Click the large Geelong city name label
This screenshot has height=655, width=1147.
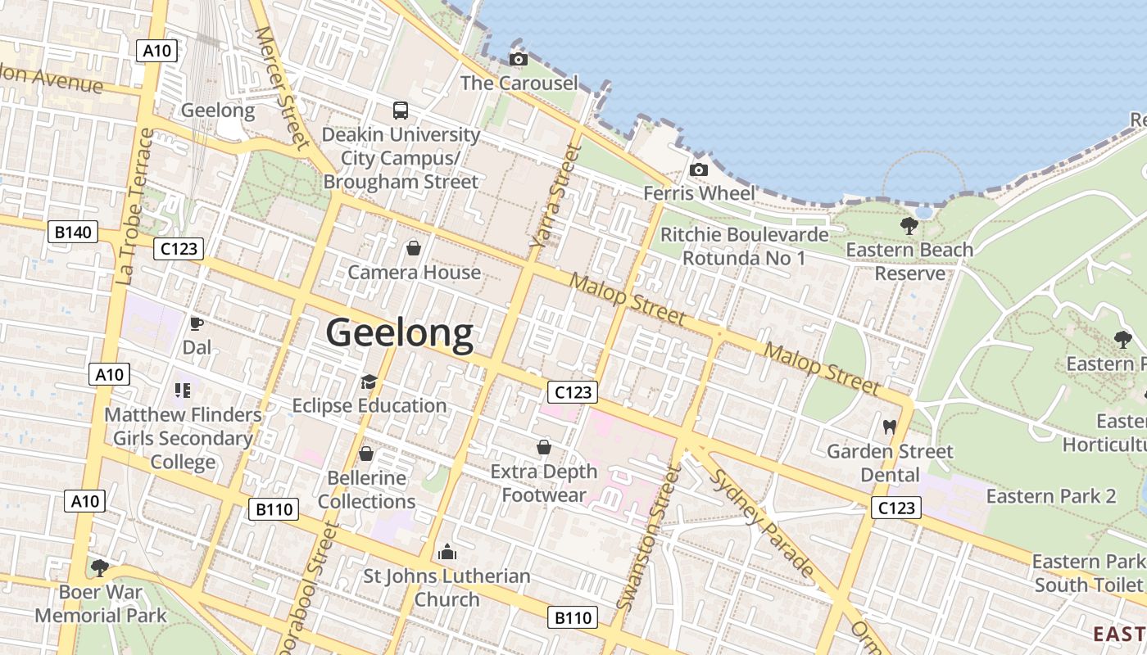coord(400,333)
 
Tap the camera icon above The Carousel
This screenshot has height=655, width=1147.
coord(518,59)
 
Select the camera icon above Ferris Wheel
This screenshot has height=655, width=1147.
coord(699,169)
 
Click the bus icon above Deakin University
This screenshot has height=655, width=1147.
coord(401,111)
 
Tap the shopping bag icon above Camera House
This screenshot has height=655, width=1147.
coord(414,247)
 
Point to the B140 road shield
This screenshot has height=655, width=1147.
coord(73,233)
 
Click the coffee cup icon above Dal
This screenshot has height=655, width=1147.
coord(197,323)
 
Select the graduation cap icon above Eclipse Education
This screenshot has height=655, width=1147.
coord(369,382)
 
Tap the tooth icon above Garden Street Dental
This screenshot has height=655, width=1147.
coord(889,427)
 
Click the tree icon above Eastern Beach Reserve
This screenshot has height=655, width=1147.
coord(909,225)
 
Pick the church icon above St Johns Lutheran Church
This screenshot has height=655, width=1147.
coord(447,552)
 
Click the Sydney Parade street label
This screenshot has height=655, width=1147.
coord(762,524)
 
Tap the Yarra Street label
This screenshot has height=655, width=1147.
coord(549,196)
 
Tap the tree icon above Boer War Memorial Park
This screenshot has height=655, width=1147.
coord(100,567)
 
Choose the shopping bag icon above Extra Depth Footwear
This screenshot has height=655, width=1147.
coord(543,447)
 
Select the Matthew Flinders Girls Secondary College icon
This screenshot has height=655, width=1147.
coord(182,391)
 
